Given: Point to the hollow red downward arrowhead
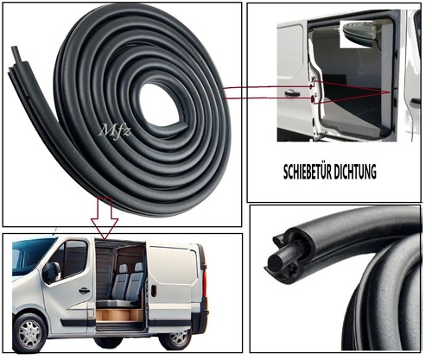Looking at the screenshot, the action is [x=105, y=229].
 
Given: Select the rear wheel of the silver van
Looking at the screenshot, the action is [x=175, y=338].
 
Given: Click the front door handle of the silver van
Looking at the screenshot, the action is [x=84, y=291].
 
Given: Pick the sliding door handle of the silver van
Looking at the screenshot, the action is [x=154, y=290].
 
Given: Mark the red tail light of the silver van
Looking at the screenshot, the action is [x=205, y=282].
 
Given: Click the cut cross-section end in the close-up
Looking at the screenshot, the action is [x=275, y=262].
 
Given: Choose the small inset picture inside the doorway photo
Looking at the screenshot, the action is [x=357, y=34].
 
